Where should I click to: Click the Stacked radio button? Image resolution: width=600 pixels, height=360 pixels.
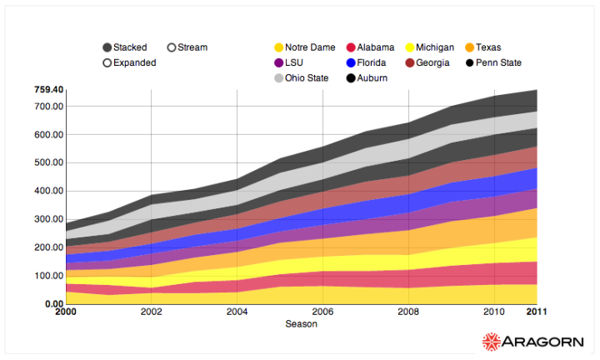click(107, 47)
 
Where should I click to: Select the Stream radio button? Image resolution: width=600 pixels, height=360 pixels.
click(172, 47)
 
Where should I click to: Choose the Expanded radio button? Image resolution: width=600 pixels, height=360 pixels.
click(107, 62)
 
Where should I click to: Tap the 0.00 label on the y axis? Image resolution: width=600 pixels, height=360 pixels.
click(53, 304)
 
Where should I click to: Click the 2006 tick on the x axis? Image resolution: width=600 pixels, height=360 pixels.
click(322, 312)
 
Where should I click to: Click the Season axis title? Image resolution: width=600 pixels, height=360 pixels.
click(301, 323)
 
